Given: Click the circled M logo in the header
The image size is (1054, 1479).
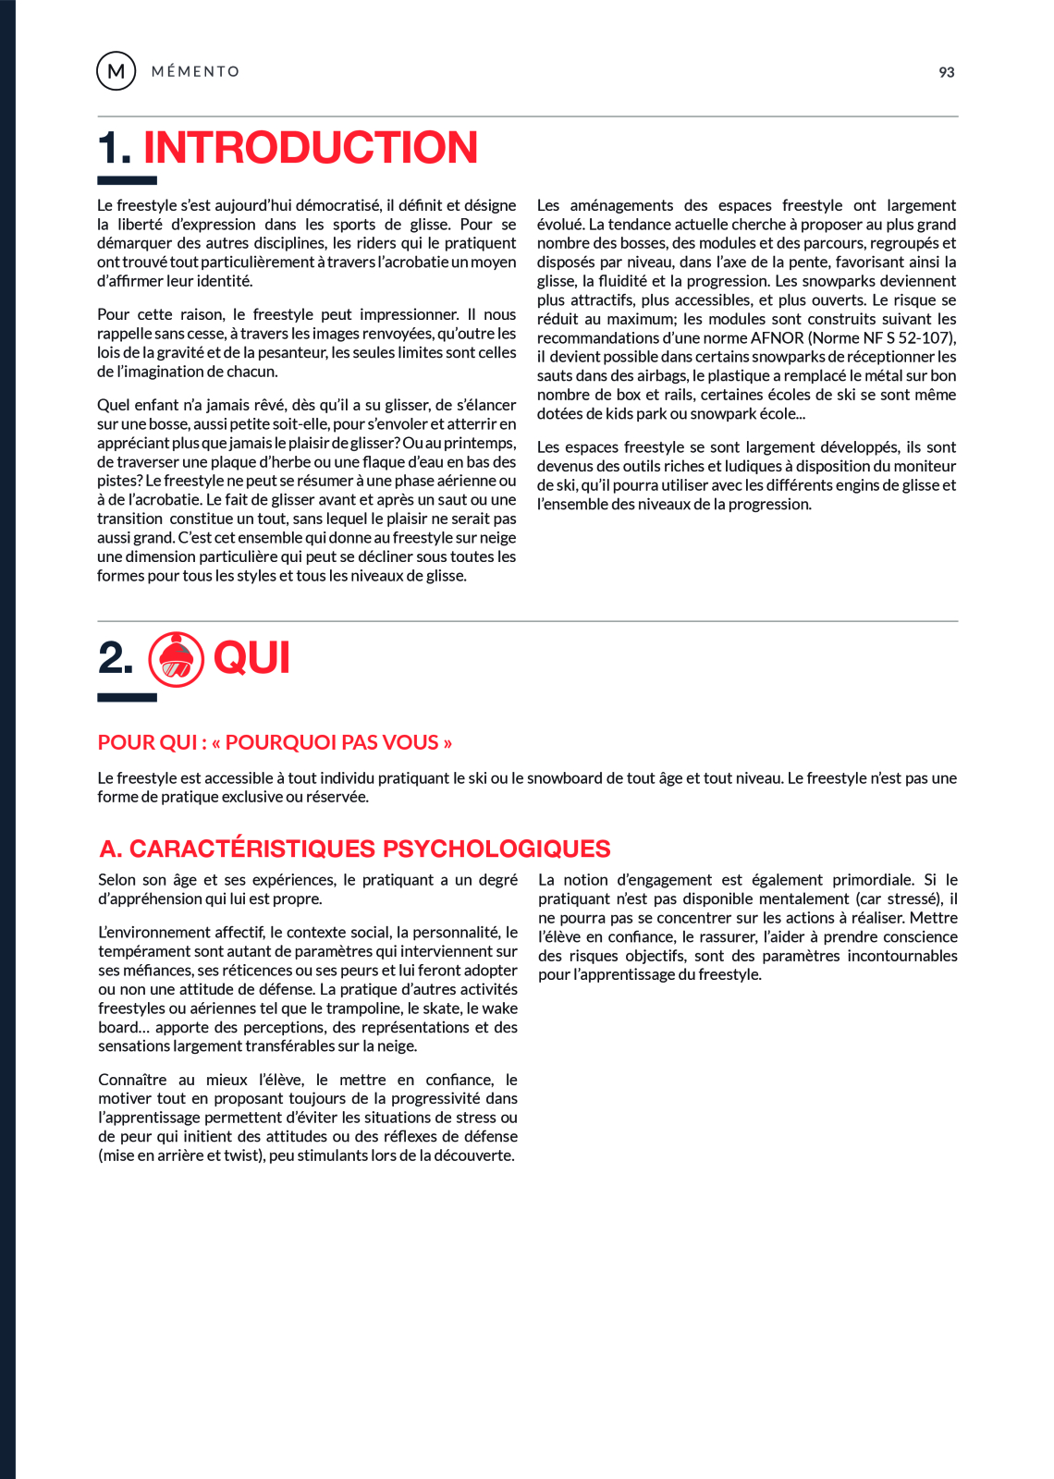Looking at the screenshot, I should pos(116,71).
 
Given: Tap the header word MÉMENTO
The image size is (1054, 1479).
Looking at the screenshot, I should pos(195,72).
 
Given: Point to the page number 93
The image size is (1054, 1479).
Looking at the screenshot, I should pos(946,72).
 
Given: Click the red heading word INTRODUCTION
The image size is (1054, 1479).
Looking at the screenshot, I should pos(311,148).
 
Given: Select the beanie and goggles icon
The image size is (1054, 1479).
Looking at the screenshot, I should pos(176,659).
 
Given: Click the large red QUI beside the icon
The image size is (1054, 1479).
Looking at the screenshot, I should pos(251,659).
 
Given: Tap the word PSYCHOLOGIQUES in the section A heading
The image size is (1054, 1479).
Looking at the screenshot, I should pos(496,849).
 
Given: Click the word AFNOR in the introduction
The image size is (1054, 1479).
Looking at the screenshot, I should pos(777,338).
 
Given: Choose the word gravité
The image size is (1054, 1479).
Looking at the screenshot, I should pos(165,352).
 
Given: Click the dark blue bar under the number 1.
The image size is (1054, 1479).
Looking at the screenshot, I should pos(128,181).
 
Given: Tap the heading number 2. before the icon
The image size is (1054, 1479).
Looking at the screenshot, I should pos(116,659).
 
